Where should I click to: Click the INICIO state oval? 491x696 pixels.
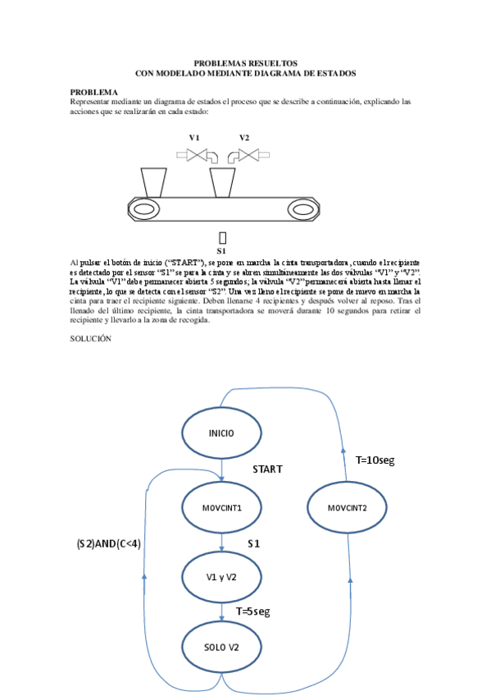[x=221, y=433]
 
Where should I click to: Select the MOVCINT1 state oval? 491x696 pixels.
[x=221, y=507]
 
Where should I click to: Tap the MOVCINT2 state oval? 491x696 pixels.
[x=347, y=507]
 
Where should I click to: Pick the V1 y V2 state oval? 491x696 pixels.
[x=221, y=577]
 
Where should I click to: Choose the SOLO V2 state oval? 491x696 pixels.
[x=221, y=647]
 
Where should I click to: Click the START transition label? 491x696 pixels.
[x=267, y=469]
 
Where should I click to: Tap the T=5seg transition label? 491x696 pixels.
[x=252, y=611]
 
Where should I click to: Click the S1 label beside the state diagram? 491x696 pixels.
[x=254, y=544]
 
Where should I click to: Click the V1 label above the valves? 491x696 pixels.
[x=194, y=137]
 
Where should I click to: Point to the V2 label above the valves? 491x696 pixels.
[x=244, y=137]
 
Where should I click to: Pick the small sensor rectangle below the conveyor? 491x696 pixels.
[x=221, y=236]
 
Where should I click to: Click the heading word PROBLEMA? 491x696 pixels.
[x=93, y=92]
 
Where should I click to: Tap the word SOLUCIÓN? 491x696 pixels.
[x=90, y=338]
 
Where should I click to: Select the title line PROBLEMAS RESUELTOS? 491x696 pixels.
[x=245, y=63]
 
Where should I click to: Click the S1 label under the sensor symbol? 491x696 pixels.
[x=221, y=250]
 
